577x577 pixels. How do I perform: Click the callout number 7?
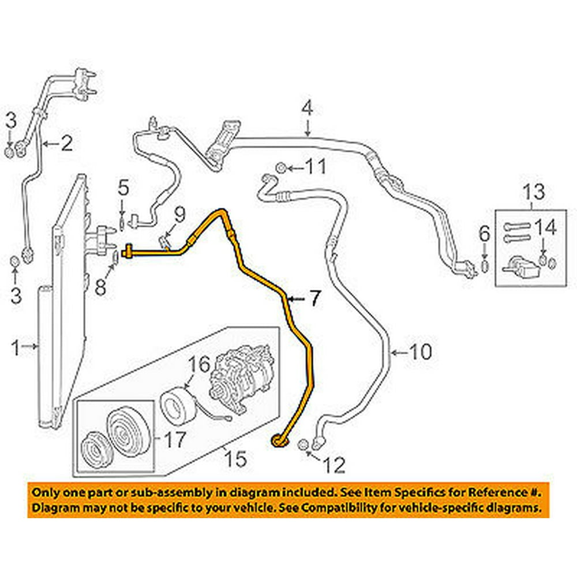click(x=314, y=298)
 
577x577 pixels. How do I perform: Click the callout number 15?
click(x=235, y=459)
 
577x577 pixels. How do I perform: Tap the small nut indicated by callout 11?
click(x=279, y=168)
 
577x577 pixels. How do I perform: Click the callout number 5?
click(x=122, y=188)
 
